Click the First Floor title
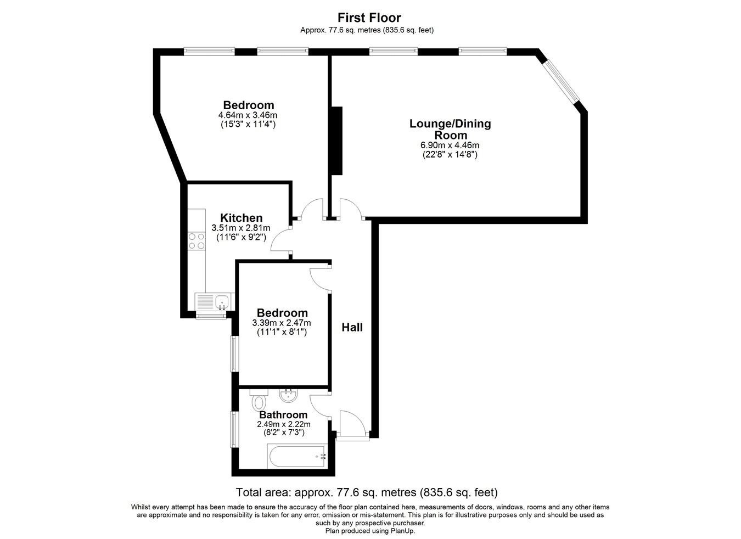pyautogui.click(x=369, y=18)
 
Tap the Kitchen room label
pyautogui.click(x=241, y=218)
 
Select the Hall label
pyautogui.click(x=352, y=327)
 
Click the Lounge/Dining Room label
pyautogui.click(x=450, y=129)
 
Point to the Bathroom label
pyautogui.click(x=283, y=414)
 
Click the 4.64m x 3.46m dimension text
pyautogui.click(x=248, y=115)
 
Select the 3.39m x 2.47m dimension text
pyautogui.click(x=282, y=323)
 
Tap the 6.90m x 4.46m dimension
pyautogui.click(x=450, y=145)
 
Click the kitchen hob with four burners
pyautogui.click(x=197, y=241)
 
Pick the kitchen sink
pyautogui.click(x=222, y=302)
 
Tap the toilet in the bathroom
pyautogui.click(x=259, y=400)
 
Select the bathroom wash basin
pyautogui.click(x=289, y=396)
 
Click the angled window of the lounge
pyautogui.click(x=563, y=81)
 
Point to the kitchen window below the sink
pyautogui.click(x=211, y=317)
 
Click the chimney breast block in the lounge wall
pyautogui.click(x=337, y=141)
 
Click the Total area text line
pyautogui.click(x=367, y=492)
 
